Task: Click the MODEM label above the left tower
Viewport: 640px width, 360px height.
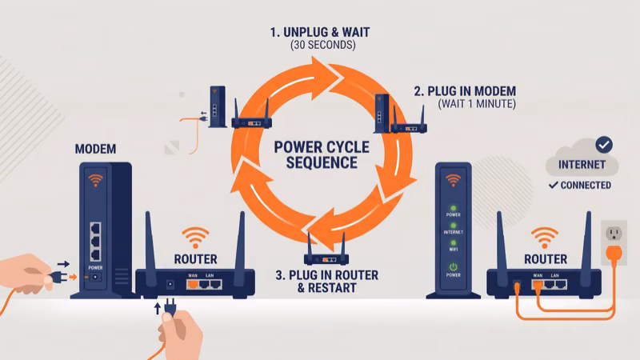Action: pos(95,150)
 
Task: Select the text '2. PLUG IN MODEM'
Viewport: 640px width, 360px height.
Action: pos(465,90)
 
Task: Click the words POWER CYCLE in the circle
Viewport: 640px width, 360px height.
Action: pos(322,147)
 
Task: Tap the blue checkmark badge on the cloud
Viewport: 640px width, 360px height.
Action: pos(604,145)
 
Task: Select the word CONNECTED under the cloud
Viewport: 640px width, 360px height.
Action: pos(586,186)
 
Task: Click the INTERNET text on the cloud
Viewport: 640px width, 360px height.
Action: pos(582,166)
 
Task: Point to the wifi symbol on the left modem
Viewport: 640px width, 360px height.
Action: pos(96,180)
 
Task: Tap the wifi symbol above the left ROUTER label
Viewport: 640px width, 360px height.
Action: pos(195,238)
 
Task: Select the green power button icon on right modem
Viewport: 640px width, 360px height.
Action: pos(452,268)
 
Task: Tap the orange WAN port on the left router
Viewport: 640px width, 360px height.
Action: pos(191,284)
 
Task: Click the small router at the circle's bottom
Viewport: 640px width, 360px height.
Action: pos(324,254)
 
